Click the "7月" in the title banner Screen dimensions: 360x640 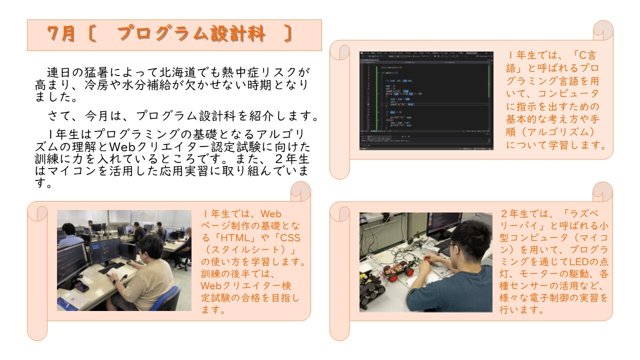click(61, 34)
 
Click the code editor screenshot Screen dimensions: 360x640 click(426, 99)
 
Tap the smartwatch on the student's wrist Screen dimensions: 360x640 click(116, 281)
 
